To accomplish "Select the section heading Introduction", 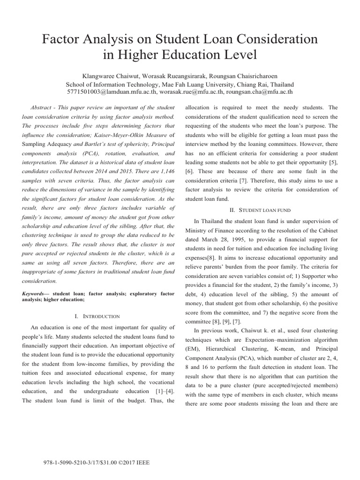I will click(x=104, y=316).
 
